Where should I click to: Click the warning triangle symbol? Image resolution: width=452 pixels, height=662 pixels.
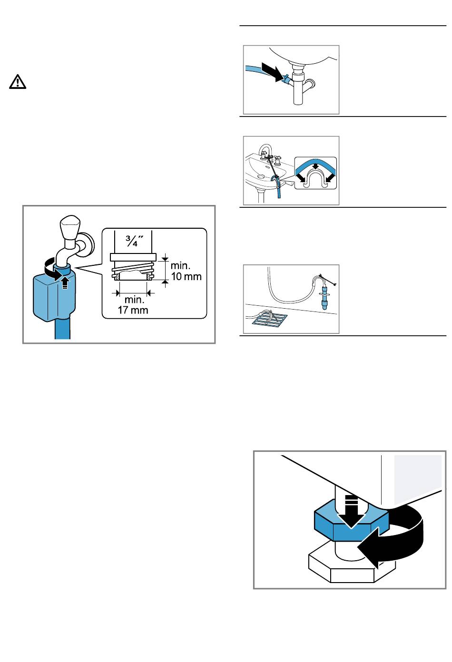[x=18, y=82]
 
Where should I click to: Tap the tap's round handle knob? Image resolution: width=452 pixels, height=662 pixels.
[x=70, y=226]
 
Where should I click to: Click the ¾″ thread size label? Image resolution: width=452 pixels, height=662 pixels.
[x=133, y=241]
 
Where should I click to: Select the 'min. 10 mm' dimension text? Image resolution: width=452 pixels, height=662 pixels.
[x=186, y=271]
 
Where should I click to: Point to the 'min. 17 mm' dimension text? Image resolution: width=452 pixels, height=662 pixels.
[x=133, y=305]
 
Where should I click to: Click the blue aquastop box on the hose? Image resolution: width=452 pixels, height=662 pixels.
[x=54, y=297]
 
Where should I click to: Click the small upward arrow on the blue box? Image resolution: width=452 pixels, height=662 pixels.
[x=65, y=282]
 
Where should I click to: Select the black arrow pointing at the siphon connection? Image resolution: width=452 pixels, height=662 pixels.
[x=273, y=71]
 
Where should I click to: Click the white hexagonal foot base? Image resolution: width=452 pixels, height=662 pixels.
[x=352, y=567]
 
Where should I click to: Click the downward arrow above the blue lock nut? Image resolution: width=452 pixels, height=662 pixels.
[x=352, y=511]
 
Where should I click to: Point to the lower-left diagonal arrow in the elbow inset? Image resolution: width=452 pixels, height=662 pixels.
[x=302, y=178]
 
